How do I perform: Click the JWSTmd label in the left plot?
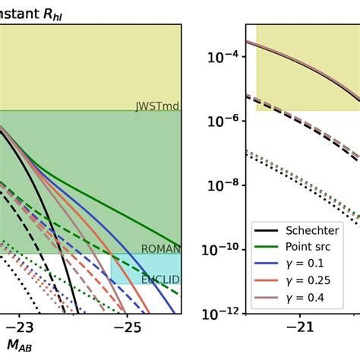[x=158, y=106]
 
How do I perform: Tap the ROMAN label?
[x=160, y=249]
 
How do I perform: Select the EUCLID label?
[x=160, y=279]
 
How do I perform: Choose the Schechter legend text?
[x=312, y=230]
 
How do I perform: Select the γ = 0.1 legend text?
[x=305, y=264]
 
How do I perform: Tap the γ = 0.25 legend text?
[x=308, y=280]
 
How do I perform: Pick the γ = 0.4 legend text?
[x=305, y=297]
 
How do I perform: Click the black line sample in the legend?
[x=267, y=230]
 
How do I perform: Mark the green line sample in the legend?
[x=267, y=247]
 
